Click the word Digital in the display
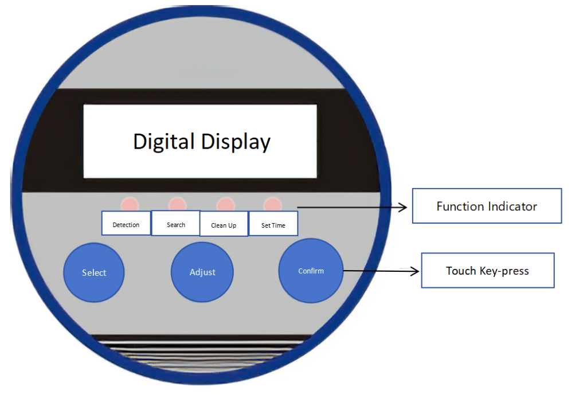[x=164, y=141]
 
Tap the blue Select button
[x=93, y=272]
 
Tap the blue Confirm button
[x=311, y=271]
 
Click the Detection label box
[x=126, y=224]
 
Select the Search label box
[x=176, y=224]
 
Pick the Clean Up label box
[x=224, y=225]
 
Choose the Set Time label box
[x=273, y=225]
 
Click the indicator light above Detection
[x=130, y=204]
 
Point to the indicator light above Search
[x=177, y=204]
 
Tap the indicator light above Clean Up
[x=225, y=204]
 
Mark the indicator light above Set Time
[x=272, y=204]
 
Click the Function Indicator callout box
[x=487, y=206]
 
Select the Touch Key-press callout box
[x=487, y=271]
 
